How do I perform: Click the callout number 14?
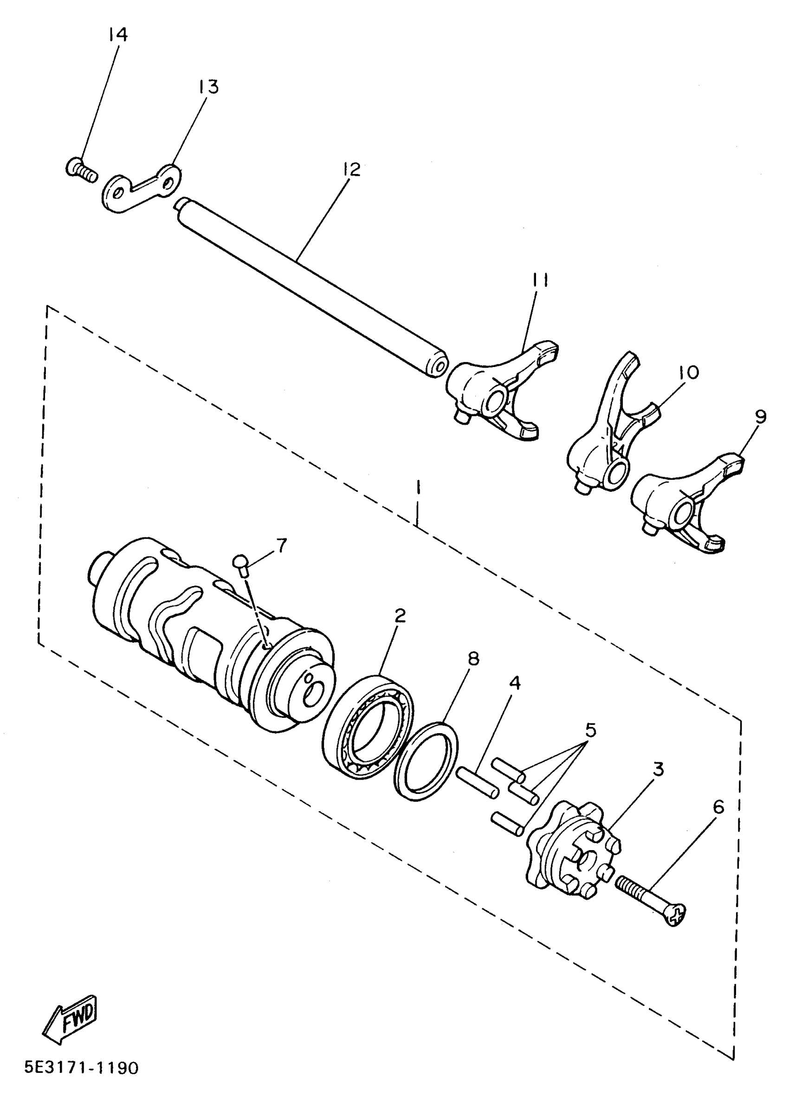pos(117,35)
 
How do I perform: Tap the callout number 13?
pos(208,87)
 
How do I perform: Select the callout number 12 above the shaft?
pos(352,170)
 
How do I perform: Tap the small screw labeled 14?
pos(80,170)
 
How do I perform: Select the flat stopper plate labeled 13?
pos(140,187)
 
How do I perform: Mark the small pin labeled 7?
pos(241,564)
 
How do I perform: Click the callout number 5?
pos(590,730)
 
